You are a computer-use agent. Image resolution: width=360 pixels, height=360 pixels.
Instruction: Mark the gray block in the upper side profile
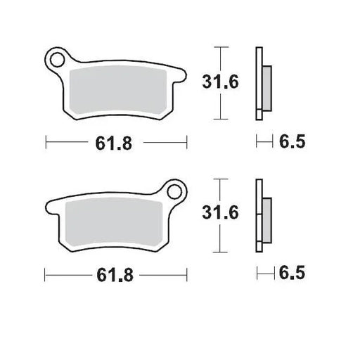pyautogui.click(x=266, y=82)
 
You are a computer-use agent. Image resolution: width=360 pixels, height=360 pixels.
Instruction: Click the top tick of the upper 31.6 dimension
pyautogui.click(x=221, y=47)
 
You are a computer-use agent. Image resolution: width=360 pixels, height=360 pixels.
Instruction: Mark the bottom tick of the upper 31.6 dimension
pyautogui.click(x=221, y=118)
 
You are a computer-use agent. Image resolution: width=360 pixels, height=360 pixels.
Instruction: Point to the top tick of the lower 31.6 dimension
pyautogui.click(x=221, y=179)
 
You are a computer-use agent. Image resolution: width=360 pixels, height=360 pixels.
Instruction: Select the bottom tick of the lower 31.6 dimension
pyautogui.click(x=221, y=250)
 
